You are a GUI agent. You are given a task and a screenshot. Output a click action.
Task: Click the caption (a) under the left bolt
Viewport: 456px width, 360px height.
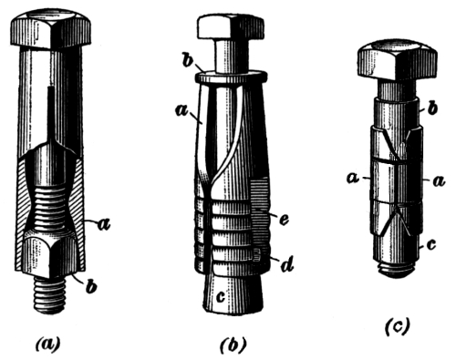click(x=48, y=345)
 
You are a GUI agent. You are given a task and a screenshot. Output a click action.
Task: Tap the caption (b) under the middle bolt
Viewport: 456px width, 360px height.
click(x=233, y=345)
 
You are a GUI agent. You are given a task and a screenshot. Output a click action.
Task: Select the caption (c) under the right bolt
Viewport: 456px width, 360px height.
click(x=398, y=326)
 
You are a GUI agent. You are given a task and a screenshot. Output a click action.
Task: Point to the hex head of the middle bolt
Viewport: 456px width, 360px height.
click(x=231, y=27)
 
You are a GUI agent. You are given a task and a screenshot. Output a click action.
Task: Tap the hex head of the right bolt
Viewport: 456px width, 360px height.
click(x=398, y=61)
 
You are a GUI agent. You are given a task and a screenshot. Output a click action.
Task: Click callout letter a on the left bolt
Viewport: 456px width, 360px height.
click(x=103, y=225)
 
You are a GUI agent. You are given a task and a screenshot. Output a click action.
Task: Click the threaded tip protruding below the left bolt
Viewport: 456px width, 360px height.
click(x=50, y=294)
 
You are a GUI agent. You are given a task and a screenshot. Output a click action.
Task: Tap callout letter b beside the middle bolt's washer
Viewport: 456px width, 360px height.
click(x=189, y=61)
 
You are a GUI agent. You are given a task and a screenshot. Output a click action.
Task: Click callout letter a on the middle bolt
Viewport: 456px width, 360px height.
click(x=181, y=110)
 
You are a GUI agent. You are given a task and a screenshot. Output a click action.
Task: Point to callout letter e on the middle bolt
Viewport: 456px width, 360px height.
click(x=284, y=219)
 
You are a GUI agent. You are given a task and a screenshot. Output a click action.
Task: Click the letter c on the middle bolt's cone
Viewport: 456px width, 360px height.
click(x=222, y=296)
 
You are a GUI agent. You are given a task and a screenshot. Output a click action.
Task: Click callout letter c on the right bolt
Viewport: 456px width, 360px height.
click(x=431, y=244)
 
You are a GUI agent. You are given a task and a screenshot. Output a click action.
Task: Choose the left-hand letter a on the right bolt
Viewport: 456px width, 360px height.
click(x=353, y=178)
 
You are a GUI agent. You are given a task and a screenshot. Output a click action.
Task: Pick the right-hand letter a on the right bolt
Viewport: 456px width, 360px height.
click(x=439, y=180)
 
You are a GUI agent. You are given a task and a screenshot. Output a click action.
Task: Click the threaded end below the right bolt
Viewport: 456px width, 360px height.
click(x=397, y=269)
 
